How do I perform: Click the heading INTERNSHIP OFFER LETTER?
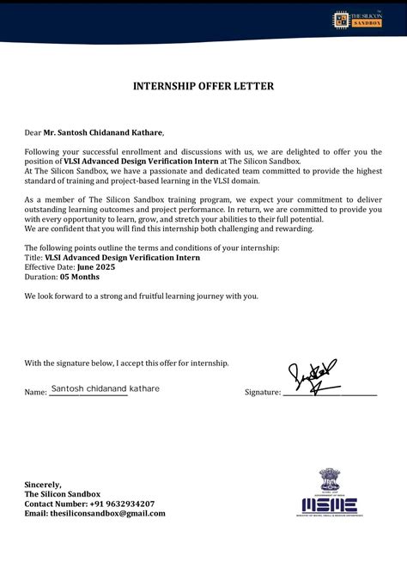[203, 86]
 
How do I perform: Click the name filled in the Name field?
[105, 389]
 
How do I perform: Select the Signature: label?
[263, 393]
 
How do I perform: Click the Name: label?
[35, 393]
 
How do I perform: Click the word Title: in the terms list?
[33, 257]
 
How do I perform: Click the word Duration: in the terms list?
[40, 278]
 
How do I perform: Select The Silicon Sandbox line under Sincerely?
[62, 494]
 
